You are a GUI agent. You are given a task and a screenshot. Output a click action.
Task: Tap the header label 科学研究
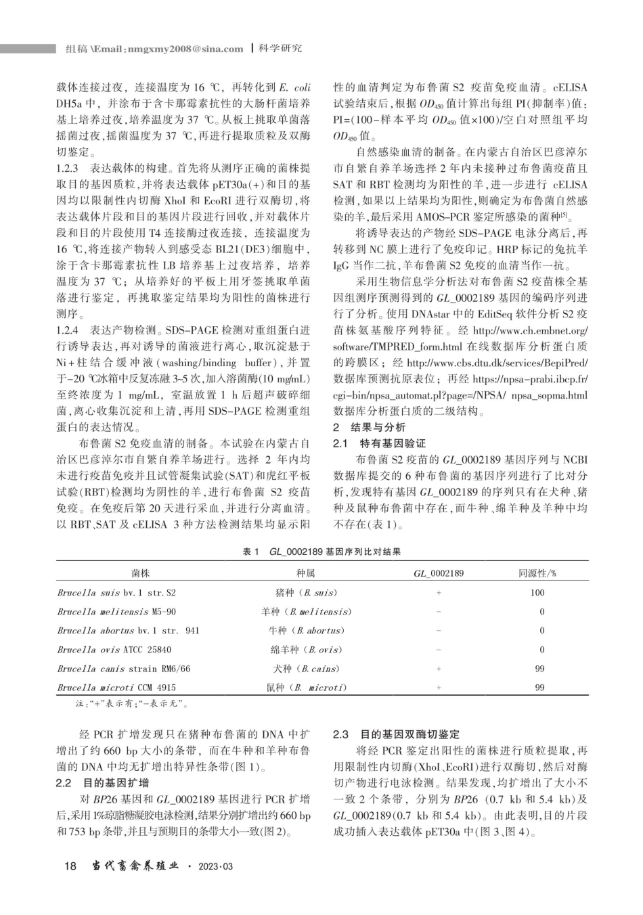click(280, 49)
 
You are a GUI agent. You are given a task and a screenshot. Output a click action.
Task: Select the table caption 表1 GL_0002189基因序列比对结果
click(321, 552)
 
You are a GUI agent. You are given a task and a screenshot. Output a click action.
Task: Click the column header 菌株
click(141, 573)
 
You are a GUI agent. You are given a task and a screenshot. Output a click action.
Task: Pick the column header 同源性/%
click(537, 573)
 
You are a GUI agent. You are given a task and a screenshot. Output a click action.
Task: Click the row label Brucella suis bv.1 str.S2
click(116, 593)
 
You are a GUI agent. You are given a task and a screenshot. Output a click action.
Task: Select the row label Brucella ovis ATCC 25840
click(114, 650)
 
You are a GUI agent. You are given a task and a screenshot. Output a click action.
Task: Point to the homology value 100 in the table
click(537, 593)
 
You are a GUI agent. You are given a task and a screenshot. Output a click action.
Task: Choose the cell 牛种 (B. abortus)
click(306, 631)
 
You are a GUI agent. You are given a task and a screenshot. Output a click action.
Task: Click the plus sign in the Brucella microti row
click(439, 688)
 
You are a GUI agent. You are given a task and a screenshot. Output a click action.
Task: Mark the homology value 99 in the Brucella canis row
click(539, 669)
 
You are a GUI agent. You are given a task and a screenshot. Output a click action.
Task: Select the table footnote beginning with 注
click(133, 704)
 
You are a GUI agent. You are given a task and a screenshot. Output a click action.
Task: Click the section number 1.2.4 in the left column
click(68, 330)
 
